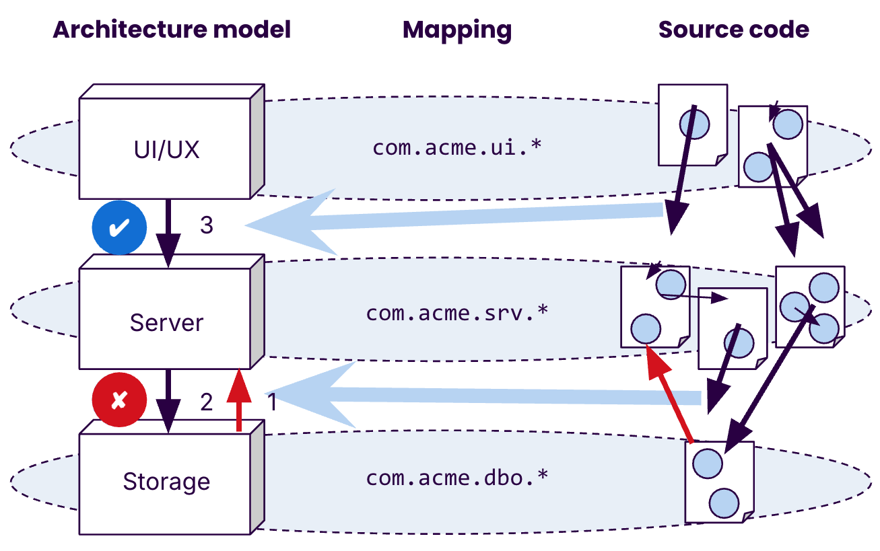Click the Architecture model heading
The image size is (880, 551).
[x=172, y=30]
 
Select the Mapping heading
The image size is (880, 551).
[x=457, y=30]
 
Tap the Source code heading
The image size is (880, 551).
[x=733, y=30]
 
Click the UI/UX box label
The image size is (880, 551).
[x=166, y=149]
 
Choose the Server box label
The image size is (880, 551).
[x=166, y=322]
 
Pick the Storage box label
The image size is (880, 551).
[x=166, y=482]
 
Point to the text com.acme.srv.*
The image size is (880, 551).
[x=456, y=313]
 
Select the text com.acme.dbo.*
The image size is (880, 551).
[x=456, y=478]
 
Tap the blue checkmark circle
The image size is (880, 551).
[x=119, y=228]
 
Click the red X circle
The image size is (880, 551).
[x=119, y=400]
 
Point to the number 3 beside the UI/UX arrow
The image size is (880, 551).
[x=206, y=225]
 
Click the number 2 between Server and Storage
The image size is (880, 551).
[x=206, y=402]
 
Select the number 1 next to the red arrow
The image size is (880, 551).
[x=271, y=402]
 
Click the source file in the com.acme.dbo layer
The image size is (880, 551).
[x=719, y=482]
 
